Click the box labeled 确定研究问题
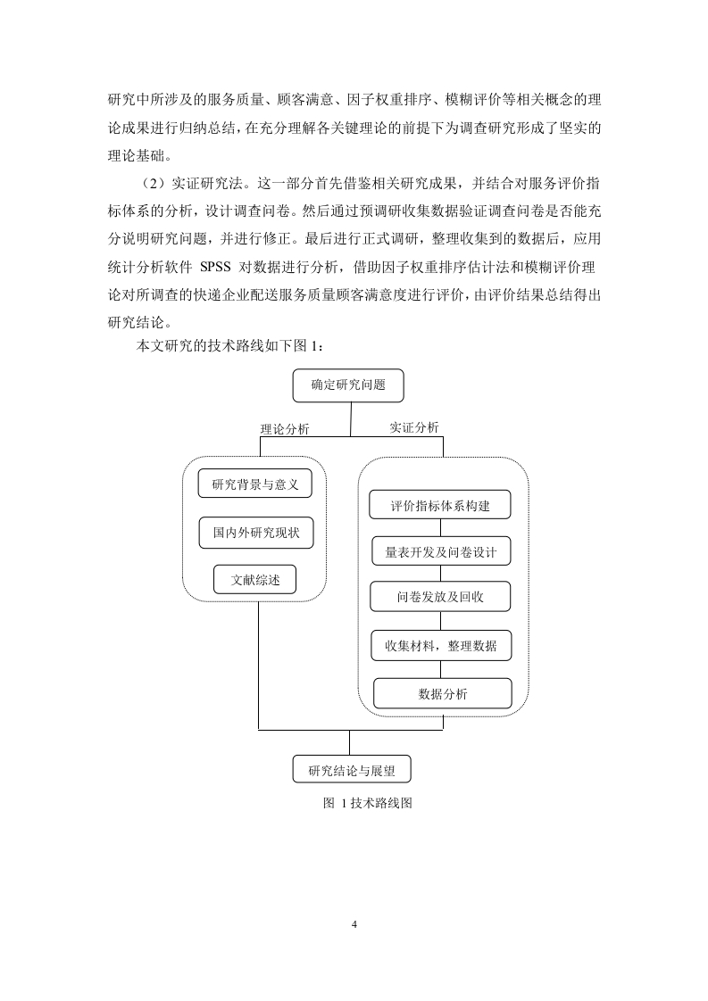(x=348, y=385)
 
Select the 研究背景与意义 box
(x=255, y=484)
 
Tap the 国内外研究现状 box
(x=255, y=533)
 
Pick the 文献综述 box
(x=255, y=580)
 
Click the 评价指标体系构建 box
(x=440, y=505)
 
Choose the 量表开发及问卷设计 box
(x=441, y=551)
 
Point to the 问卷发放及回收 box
(x=440, y=597)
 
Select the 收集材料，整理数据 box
(x=441, y=645)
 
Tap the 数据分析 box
(x=442, y=693)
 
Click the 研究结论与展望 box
(x=352, y=770)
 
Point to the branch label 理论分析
(x=285, y=429)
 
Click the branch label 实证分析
(x=414, y=427)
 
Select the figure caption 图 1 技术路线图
(x=368, y=803)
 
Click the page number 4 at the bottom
(x=354, y=924)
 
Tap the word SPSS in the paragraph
(x=215, y=267)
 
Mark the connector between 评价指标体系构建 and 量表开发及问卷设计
(x=440, y=528)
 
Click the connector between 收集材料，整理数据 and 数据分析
(x=440, y=670)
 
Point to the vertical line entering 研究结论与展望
(x=349, y=742)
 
